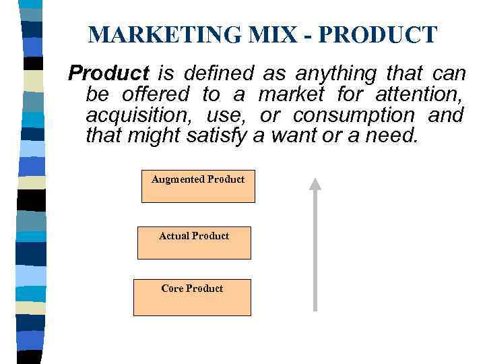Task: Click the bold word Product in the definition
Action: [x=109, y=72]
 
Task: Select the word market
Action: [x=291, y=94]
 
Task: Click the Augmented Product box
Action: [x=198, y=187]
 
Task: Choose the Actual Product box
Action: [x=194, y=243]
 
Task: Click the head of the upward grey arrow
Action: [x=315, y=183]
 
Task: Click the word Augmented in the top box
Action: [x=178, y=179]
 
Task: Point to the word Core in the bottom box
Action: [x=172, y=289]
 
